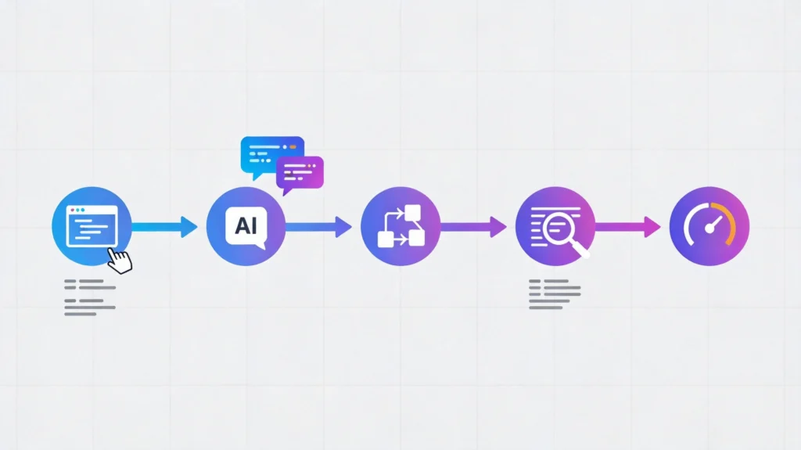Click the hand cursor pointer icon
click(x=120, y=261)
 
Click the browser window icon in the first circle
click(x=92, y=226)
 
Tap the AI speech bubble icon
click(x=246, y=228)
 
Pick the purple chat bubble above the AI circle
click(x=300, y=174)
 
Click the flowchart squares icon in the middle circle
click(x=401, y=226)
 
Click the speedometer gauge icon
click(x=709, y=226)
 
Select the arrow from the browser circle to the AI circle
click(x=164, y=226)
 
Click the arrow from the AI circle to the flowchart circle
click(x=319, y=226)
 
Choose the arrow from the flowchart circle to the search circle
click(x=473, y=226)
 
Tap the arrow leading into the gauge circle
click(x=628, y=226)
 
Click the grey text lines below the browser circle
click(x=90, y=297)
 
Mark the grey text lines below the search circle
click(x=555, y=294)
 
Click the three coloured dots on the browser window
click(x=77, y=211)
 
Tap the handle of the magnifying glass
click(x=581, y=250)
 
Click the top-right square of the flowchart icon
click(x=413, y=212)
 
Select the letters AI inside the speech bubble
click(x=246, y=225)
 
